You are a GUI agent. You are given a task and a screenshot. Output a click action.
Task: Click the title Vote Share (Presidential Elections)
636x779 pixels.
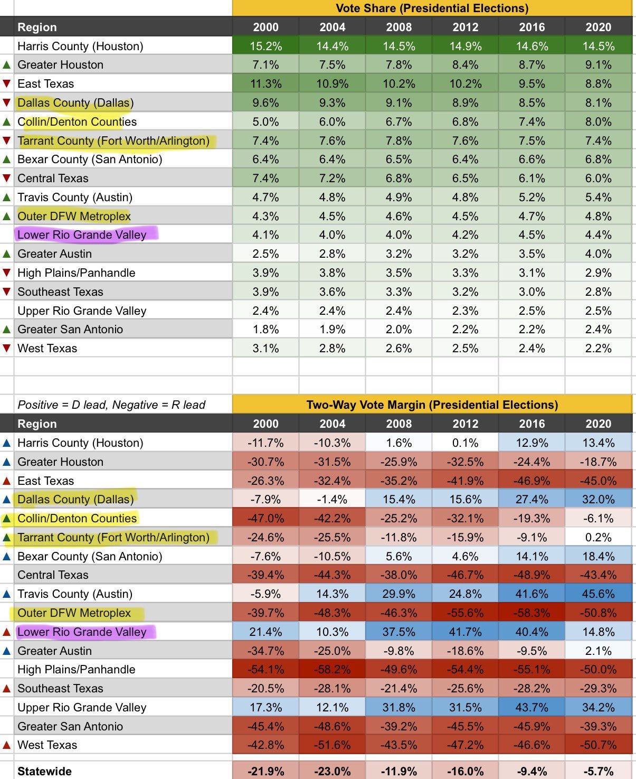(x=432, y=8)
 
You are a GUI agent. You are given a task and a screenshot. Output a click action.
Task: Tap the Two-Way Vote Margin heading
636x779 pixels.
(x=432, y=405)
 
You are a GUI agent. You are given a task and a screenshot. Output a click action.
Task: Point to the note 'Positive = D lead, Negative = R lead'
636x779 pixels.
(x=111, y=405)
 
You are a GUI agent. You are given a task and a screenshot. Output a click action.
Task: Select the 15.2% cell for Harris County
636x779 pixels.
(x=265, y=46)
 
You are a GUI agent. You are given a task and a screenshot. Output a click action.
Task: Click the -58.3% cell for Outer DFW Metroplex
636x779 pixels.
(x=531, y=613)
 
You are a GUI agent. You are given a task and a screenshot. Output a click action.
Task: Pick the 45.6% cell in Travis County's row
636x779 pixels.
(x=598, y=594)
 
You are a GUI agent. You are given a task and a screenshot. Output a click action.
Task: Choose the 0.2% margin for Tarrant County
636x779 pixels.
(x=598, y=537)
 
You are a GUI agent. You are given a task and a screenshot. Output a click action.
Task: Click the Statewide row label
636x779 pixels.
(x=44, y=771)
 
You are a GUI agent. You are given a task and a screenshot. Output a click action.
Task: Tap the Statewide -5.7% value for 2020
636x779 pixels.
(x=598, y=771)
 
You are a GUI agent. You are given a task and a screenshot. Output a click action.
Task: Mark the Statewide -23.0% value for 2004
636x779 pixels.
(x=332, y=771)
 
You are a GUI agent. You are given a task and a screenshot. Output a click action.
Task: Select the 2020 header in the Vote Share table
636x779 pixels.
(x=598, y=27)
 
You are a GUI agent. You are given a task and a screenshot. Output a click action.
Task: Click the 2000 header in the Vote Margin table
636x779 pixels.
(x=265, y=424)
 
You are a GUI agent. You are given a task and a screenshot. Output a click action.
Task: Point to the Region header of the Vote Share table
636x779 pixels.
(x=37, y=27)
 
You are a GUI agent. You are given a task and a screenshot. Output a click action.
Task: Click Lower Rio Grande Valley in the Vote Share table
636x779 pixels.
(x=82, y=234)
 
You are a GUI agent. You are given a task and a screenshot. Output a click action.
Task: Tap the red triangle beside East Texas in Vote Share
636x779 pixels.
(x=7, y=83)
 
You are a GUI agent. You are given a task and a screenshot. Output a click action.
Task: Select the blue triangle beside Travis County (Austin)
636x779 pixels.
(x=7, y=594)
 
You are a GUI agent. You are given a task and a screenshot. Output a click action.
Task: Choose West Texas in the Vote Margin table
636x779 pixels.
(x=47, y=745)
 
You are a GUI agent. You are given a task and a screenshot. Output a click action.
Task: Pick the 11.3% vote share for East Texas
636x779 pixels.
(x=265, y=83)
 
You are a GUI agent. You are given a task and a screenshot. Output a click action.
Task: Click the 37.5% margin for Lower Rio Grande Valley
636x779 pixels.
(x=398, y=632)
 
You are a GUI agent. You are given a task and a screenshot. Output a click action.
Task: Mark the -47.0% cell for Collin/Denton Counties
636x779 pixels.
(x=265, y=518)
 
